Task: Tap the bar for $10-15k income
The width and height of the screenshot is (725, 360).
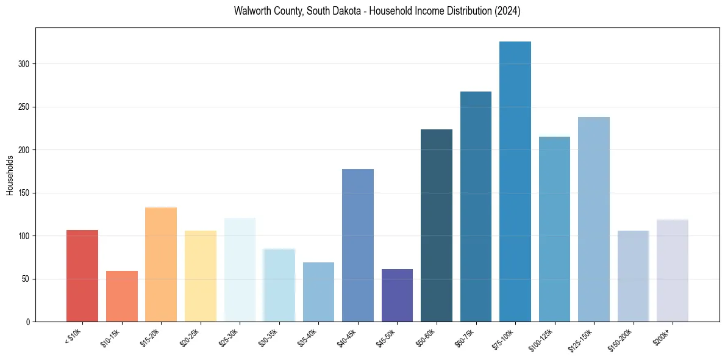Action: [121, 296]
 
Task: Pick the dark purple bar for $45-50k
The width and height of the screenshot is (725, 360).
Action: [397, 295]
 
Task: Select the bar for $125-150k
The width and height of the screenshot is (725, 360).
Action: [593, 219]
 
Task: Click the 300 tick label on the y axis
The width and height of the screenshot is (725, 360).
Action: [24, 64]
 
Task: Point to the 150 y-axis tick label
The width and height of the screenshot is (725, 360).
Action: [24, 193]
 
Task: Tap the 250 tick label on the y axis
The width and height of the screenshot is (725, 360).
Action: [24, 107]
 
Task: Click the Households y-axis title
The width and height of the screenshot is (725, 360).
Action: [10, 175]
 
